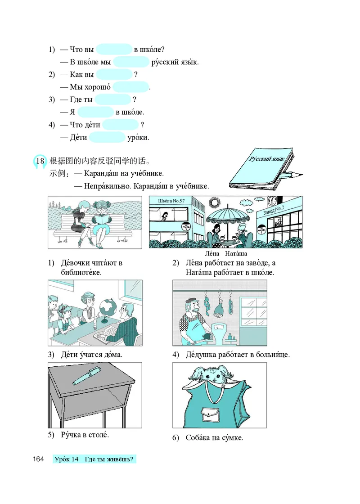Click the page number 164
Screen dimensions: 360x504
tap(38, 459)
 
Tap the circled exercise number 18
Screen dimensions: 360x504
tap(40, 161)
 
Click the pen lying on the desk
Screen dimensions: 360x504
tap(87, 376)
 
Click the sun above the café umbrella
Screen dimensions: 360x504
tap(214, 203)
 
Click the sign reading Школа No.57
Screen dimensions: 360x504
tap(171, 201)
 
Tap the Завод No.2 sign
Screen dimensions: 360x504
tap(274, 211)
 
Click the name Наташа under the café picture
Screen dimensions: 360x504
tap(236, 254)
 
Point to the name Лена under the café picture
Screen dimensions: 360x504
tap(212, 254)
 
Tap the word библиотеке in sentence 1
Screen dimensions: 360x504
tap(81, 273)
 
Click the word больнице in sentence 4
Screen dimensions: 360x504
tap(273, 355)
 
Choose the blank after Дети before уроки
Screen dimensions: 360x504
tap(107, 137)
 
